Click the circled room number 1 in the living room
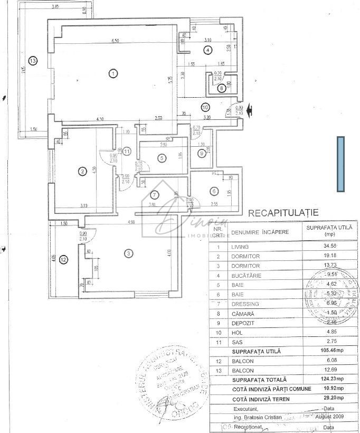point(112,73)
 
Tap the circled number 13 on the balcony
point(33,61)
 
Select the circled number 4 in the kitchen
point(208,50)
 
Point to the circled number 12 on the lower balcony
point(63,259)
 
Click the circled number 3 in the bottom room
point(128,254)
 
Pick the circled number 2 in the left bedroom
point(82,171)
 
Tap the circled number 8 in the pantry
point(221,88)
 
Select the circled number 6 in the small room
point(214,191)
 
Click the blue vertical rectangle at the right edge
point(340,164)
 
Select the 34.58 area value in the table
point(324,247)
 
